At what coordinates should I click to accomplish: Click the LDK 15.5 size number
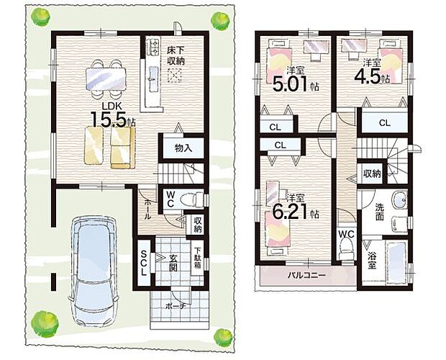tap(109, 119)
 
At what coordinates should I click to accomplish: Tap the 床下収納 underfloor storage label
tap(176, 55)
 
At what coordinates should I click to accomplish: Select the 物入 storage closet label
tap(183, 148)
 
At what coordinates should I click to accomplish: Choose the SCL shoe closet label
tap(144, 263)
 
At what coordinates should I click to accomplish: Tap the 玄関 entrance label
tap(173, 263)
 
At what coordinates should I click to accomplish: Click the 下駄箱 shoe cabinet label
tap(197, 258)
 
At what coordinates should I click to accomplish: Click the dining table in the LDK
tap(106, 78)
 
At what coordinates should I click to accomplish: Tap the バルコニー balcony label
tap(306, 275)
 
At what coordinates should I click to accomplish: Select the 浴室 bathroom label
tap(371, 260)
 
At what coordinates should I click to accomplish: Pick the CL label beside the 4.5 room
tap(385, 123)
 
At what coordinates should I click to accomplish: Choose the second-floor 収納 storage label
tap(372, 174)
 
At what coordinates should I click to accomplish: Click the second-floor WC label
tap(347, 234)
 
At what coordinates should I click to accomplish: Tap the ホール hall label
tap(148, 210)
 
